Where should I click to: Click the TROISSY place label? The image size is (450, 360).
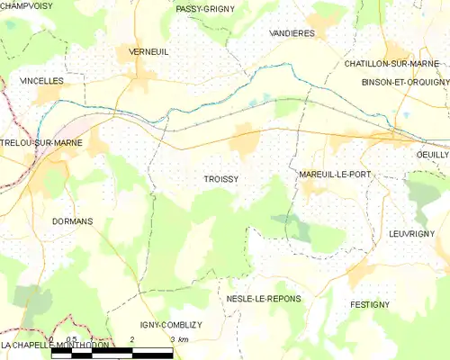point(220,180)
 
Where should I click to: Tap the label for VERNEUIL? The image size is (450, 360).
point(149,52)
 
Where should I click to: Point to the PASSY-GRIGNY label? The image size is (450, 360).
point(205,9)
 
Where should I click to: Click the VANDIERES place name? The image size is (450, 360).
point(292,32)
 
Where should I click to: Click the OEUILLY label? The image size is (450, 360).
point(432,155)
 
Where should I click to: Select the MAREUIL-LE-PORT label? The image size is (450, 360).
point(333,174)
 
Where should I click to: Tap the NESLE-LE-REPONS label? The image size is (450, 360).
point(264,298)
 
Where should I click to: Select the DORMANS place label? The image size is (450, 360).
point(72,221)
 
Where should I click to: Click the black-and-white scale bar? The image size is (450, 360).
point(112,354)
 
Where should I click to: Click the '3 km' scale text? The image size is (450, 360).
point(178,340)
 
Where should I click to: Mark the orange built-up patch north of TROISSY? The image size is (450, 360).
point(244,142)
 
